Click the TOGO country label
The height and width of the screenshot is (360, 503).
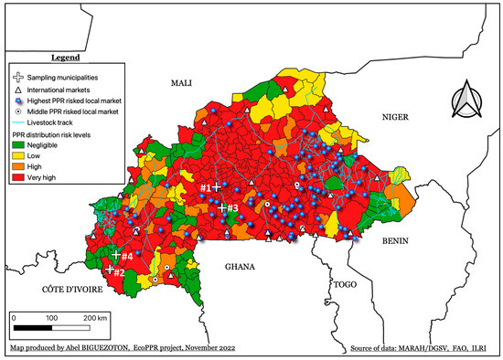coord(344,284)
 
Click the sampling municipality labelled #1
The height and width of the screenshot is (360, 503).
coord(216,187)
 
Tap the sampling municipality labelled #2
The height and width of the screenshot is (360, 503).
coord(110,270)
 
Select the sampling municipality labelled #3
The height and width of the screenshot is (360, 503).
coord(221,208)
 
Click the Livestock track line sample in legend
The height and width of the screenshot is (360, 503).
coord(19,122)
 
